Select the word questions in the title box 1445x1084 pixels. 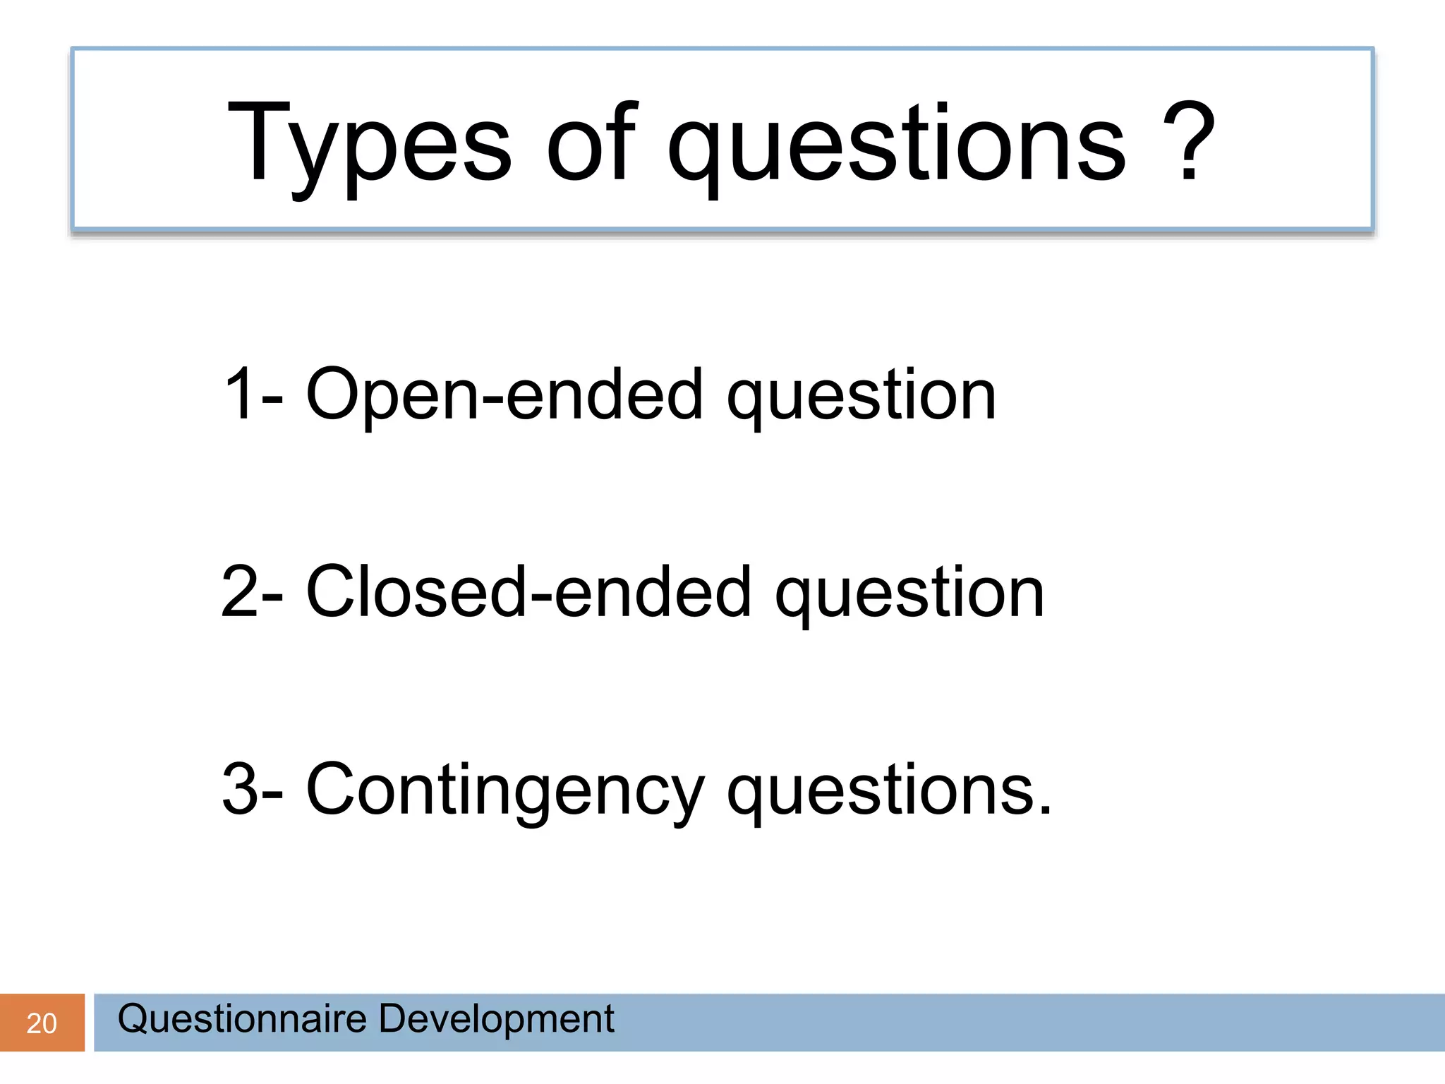coord(896,145)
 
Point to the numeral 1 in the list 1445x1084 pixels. coord(239,394)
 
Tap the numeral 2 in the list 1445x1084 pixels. coord(240,591)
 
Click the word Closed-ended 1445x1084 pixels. coord(528,591)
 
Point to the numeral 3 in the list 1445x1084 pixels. coord(240,789)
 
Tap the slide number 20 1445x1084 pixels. coord(41,1023)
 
